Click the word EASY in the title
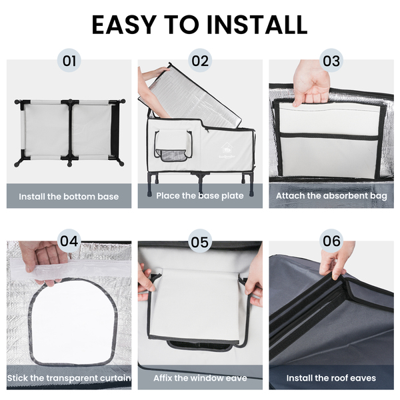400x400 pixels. pos(124,25)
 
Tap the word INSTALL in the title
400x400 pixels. pos(257,25)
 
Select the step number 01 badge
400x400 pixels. pos(69,61)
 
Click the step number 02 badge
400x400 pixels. pos(200,61)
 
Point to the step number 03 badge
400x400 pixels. pos(331,61)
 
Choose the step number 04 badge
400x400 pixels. pos(69,241)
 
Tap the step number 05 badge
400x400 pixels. pos(200,241)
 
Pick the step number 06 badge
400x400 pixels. pos(331,241)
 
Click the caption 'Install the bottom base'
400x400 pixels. pos(69,197)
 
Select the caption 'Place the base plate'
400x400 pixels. pos(200,195)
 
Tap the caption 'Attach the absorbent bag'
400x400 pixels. pos(331,195)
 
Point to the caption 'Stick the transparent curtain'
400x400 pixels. pos(69,378)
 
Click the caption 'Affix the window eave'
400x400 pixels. pos(200,378)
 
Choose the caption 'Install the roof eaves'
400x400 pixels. pos(331,378)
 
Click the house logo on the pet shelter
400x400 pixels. pos(226,148)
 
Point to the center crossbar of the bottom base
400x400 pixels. pos(70,133)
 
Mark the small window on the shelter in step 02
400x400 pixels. pos(173,145)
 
